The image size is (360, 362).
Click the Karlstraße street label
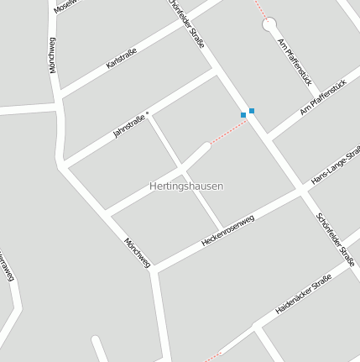click(122, 58)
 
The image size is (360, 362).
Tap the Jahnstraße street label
click(129, 126)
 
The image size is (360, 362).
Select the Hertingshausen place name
click(186, 186)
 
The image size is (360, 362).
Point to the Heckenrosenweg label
click(227, 229)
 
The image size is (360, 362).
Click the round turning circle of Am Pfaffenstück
click(269, 25)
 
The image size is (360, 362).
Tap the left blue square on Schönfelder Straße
click(243, 114)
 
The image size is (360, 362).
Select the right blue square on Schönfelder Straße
click(252, 111)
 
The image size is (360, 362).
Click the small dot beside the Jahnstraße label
click(148, 112)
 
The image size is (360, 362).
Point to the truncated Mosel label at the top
click(64, 6)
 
